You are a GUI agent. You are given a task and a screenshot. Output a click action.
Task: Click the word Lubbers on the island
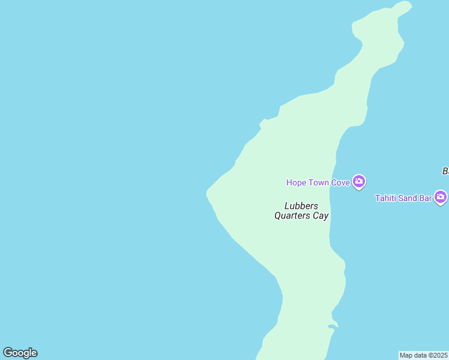pyautogui.click(x=301, y=206)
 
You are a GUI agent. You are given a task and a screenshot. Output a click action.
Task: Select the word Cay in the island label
pyautogui.click(x=321, y=216)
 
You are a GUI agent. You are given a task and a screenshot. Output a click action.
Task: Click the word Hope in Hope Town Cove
pyautogui.click(x=297, y=182)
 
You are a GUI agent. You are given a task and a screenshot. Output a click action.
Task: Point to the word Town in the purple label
pyautogui.click(x=319, y=182)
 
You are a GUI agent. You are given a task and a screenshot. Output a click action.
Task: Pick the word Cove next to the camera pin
pyautogui.click(x=340, y=182)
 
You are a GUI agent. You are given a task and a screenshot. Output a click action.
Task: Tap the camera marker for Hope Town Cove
pyautogui.click(x=359, y=181)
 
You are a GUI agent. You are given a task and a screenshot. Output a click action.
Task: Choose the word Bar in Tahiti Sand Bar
pyautogui.click(x=425, y=198)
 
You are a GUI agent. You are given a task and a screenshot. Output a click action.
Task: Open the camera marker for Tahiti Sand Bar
pyautogui.click(x=441, y=197)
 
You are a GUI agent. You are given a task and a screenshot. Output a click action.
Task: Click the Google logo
pyautogui.click(x=20, y=353)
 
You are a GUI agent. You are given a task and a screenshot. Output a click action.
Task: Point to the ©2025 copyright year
pyautogui.click(x=438, y=355)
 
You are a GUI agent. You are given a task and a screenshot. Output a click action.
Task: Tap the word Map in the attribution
pyautogui.click(x=407, y=355)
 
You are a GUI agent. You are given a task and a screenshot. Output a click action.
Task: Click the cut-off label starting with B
pyautogui.click(x=445, y=172)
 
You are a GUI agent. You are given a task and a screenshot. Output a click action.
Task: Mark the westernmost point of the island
pyautogui.click(x=207, y=192)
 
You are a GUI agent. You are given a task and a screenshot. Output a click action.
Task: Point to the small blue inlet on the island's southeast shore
pyautogui.click(x=332, y=326)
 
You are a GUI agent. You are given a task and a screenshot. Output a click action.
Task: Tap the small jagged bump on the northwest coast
pyautogui.click(x=262, y=123)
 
